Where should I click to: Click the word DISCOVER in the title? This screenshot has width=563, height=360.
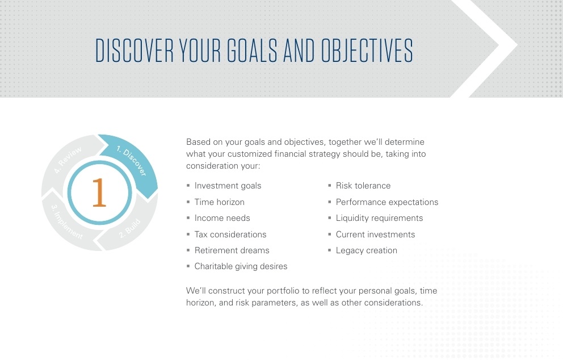coord(135,51)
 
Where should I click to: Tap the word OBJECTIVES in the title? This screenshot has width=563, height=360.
coord(367,51)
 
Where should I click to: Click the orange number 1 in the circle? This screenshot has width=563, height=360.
coord(99,193)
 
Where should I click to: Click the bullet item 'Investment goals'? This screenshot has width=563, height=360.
coord(228,186)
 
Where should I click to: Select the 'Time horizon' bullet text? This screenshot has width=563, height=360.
coord(220,202)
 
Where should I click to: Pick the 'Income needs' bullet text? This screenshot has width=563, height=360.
coord(222,218)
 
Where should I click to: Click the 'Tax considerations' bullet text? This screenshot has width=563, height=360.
coord(230,235)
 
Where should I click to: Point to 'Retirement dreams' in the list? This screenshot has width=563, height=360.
coord(232,250)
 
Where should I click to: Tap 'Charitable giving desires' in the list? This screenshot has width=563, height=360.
coord(241,266)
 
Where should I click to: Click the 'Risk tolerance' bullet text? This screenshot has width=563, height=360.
coord(363,186)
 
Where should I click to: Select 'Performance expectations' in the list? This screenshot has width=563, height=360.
coord(387,202)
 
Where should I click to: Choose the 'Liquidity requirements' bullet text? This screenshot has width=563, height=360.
coord(380,218)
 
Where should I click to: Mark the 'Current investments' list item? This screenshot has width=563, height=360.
coord(375,235)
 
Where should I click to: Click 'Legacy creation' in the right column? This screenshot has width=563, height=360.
coord(367,251)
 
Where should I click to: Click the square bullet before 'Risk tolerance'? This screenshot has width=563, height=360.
coord(330,185)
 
